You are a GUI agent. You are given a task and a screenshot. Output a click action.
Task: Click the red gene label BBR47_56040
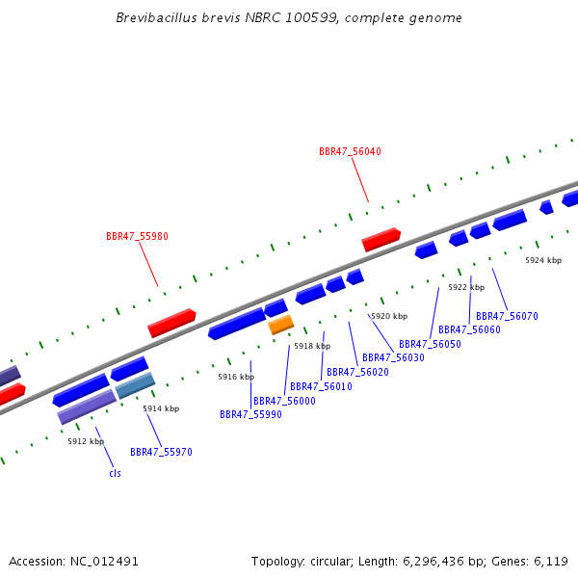[x=350, y=151]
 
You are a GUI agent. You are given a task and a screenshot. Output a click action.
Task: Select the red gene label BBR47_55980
[x=137, y=236]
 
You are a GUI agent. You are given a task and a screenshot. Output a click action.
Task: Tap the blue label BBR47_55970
[x=161, y=452]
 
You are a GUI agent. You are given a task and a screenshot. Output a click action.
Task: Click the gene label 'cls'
[x=115, y=473]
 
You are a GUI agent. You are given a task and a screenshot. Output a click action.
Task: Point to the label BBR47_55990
[x=250, y=414]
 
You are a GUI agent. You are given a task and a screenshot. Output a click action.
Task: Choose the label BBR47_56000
[x=284, y=401]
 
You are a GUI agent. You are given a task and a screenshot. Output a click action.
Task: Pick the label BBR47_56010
[x=321, y=386]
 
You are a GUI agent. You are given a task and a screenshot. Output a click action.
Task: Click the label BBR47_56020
[x=357, y=372]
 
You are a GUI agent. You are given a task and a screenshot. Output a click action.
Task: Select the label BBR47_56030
[x=393, y=357]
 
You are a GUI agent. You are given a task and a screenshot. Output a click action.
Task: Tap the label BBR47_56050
[x=430, y=344]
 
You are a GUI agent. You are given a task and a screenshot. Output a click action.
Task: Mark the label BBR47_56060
[x=469, y=329]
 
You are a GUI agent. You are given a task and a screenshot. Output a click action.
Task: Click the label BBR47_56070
[x=507, y=316]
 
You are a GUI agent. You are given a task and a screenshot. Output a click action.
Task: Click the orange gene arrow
[x=280, y=325]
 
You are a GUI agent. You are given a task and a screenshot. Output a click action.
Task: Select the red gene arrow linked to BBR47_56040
[x=381, y=239]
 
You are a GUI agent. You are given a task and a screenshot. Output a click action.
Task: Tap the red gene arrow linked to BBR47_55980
[x=171, y=323]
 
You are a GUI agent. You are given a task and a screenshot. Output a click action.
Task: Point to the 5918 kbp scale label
[x=312, y=346]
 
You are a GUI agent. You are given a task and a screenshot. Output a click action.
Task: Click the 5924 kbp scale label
[x=543, y=260]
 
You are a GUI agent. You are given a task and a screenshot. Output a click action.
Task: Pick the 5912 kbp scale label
[x=86, y=441]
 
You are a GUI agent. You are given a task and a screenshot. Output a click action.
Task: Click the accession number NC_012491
[x=104, y=561]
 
